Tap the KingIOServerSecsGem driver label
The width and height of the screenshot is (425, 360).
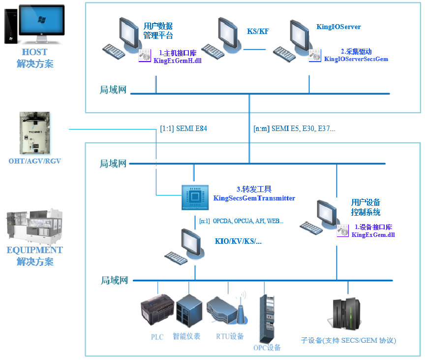356,59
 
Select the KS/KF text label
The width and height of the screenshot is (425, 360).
258,32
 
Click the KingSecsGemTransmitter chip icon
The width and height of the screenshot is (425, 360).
195,198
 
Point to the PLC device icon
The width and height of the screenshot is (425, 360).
157,314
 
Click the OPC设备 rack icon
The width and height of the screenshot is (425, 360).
266,318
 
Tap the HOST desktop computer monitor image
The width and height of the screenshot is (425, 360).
41,22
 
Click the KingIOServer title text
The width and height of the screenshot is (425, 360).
338,27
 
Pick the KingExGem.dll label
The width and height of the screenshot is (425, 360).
373,235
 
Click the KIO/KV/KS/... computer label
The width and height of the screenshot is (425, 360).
238,242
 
